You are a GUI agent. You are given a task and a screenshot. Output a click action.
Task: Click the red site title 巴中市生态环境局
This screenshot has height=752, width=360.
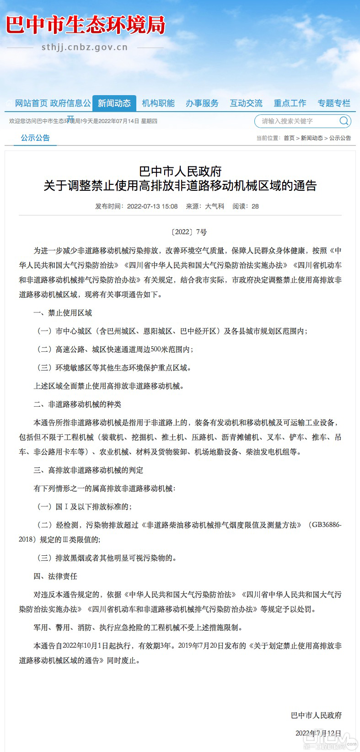[x=85, y=25]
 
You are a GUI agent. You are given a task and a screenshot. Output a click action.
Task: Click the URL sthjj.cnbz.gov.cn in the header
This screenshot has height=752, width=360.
[x=85, y=47]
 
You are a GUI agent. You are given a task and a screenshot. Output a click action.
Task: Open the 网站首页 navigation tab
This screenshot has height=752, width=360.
[x=31, y=103]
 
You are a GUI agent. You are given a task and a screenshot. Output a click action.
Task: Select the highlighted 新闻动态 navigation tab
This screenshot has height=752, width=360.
[x=114, y=103]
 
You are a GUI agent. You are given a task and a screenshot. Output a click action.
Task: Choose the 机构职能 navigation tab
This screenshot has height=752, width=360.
[x=158, y=103]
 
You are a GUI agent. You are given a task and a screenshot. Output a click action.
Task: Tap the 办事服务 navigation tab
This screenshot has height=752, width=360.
[x=202, y=103]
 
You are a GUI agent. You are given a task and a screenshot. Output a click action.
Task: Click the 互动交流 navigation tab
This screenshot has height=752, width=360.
[x=246, y=103]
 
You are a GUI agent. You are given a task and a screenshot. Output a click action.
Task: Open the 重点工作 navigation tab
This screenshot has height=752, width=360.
[x=290, y=103]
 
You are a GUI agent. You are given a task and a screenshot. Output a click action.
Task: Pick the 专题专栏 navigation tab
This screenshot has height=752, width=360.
[x=334, y=103]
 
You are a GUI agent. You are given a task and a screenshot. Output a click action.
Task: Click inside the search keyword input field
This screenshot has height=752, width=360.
[x=295, y=121]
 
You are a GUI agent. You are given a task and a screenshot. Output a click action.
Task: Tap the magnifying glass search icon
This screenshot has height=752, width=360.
[x=344, y=121]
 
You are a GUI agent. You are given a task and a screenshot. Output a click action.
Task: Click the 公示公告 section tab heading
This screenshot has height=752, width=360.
[x=35, y=138]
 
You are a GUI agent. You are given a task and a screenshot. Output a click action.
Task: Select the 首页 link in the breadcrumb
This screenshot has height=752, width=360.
[x=289, y=138]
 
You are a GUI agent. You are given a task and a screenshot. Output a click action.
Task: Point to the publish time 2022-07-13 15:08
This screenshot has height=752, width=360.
[x=152, y=206]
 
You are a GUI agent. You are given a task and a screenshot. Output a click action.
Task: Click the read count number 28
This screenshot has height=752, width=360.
[x=255, y=206]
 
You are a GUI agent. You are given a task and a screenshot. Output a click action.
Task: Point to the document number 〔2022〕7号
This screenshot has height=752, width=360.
[x=189, y=232]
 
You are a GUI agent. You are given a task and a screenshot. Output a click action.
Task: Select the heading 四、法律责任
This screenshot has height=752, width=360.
[x=55, y=576]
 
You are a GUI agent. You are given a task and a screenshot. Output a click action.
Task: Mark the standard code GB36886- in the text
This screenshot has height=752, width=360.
[x=326, y=525]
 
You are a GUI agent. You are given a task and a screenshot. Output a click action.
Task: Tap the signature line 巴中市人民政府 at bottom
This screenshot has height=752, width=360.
[x=316, y=715]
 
